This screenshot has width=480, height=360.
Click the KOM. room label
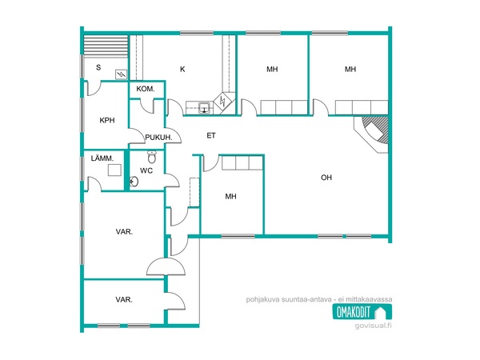click(x=146, y=89)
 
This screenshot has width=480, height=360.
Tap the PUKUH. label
click(x=158, y=138)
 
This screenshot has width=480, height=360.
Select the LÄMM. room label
click(x=102, y=158)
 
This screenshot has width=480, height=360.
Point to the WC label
click(x=146, y=171)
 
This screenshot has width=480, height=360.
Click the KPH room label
click(x=107, y=120)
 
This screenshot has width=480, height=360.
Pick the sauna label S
click(x=98, y=67)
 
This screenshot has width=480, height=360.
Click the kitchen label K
click(x=182, y=70)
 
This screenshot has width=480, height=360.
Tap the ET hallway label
click(x=211, y=136)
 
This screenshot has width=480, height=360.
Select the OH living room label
click(x=326, y=178)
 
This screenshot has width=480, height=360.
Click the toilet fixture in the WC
click(x=152, y=157)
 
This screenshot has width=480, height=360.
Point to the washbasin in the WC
click(x=134, y=182)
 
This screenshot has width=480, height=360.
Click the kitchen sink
click(x=204, y=108)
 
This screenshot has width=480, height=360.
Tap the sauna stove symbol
click(x=122, y=74)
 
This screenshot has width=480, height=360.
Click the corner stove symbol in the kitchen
click(x=223, y=102)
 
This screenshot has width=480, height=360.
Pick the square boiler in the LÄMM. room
click(x=114, y=170)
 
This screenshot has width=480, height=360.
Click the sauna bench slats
click(x=106, y=46)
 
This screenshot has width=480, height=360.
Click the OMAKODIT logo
click(x=362, y=312)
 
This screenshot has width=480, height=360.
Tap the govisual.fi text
click(x=373, y=326)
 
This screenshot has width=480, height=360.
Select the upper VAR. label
click(x=124, y=232)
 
